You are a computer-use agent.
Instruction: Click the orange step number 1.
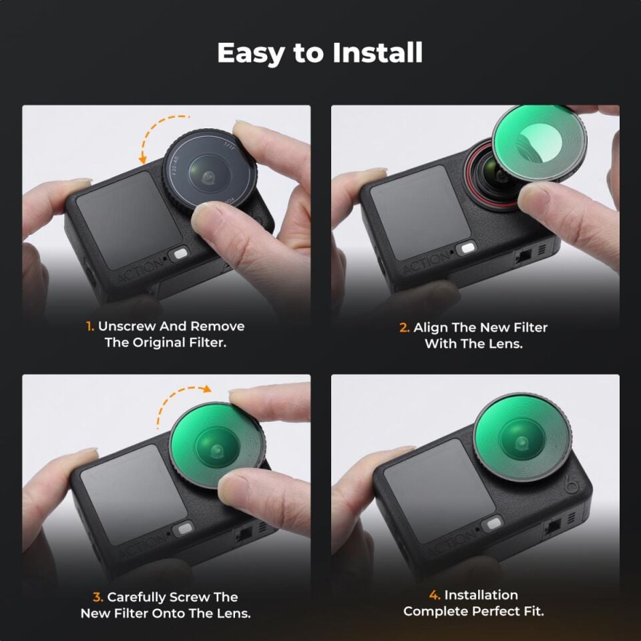click(89, 327)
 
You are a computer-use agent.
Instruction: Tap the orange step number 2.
click(404, 328)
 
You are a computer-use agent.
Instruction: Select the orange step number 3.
click(98, 597)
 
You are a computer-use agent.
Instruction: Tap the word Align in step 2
click(431, 328)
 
